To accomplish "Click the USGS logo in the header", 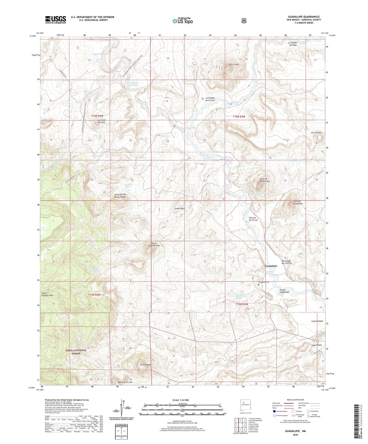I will coord(56,19).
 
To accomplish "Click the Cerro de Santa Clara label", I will coord(264,180).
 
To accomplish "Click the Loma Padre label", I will coord(180,208).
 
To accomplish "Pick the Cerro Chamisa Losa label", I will coord(155,245).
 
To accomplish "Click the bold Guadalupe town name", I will coord(271,266).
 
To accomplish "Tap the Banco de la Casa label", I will coord(125,382).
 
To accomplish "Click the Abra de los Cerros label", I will coord(253,219).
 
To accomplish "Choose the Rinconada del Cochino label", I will coord(286,262).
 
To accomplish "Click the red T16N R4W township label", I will coord(97,116).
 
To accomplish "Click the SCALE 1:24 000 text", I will coord(181,400).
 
